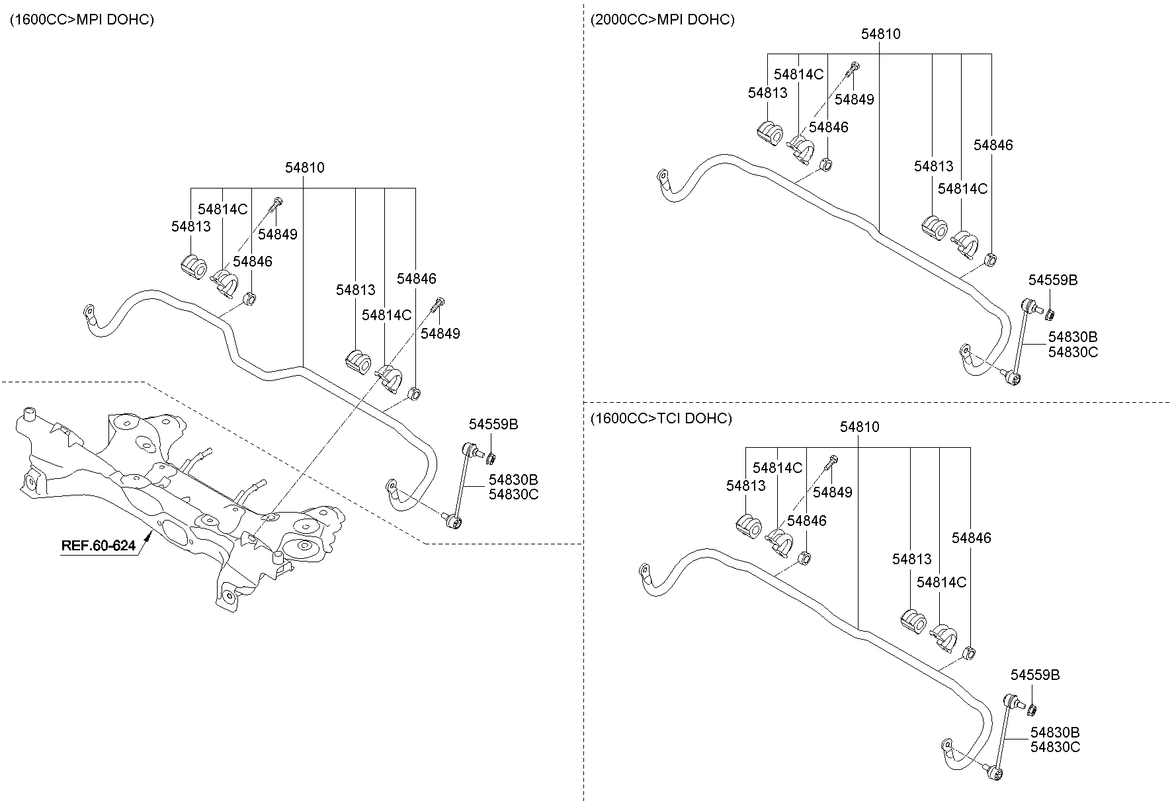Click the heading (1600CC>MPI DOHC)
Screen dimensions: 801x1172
pos(81,20)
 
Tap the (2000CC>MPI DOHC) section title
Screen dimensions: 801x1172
pos(662,20)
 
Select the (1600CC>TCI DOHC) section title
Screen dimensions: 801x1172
pos(661,419)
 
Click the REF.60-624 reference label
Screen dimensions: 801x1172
pos(99,546)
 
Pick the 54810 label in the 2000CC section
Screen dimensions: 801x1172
pos(880,34)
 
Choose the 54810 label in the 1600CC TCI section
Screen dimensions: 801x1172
pos(859,427)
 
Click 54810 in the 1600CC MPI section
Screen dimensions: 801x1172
pos(304,168)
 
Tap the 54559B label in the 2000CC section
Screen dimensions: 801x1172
pos(1052,280)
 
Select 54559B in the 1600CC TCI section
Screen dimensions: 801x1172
pos(1034,675)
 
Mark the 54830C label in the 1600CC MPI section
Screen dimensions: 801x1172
pos(513,494)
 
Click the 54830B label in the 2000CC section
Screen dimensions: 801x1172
pos(1072,337)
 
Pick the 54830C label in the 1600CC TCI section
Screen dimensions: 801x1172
pos(1055,747)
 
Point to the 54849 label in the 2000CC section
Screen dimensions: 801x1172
pos(854,100)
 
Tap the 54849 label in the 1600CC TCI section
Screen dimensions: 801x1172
pos(832,492)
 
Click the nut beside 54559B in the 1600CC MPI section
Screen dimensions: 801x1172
pos(491,458)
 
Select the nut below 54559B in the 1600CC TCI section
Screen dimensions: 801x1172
pos(1030,710)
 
